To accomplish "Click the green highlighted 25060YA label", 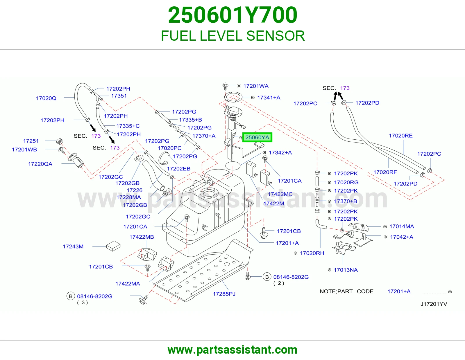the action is click(257, 137).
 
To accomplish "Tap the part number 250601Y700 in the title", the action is click(233, 15).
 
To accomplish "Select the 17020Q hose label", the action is click(46, 98).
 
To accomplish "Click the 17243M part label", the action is click(73, 246).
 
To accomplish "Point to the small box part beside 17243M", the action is click(113, 246).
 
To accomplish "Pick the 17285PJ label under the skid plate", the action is click(224, 294).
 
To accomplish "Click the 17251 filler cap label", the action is click(31, 141).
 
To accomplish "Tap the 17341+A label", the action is click(269, 98).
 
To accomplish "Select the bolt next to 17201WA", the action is click(225, 86).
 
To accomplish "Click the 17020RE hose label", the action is click(400, 136).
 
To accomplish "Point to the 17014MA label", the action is click(402, 226).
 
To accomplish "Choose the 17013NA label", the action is click(346, 270).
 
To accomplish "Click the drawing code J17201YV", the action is click(434, 304).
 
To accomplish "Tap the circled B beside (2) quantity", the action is click(267, 277).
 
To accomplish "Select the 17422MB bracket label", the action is click(142, 237).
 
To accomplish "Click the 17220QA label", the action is click(40, 164).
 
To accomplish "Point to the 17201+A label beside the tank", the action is click(287, 243).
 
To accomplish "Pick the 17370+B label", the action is click(346, 201).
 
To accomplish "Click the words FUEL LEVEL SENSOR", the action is click(233, 36).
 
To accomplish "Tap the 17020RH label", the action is click(312, 253).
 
